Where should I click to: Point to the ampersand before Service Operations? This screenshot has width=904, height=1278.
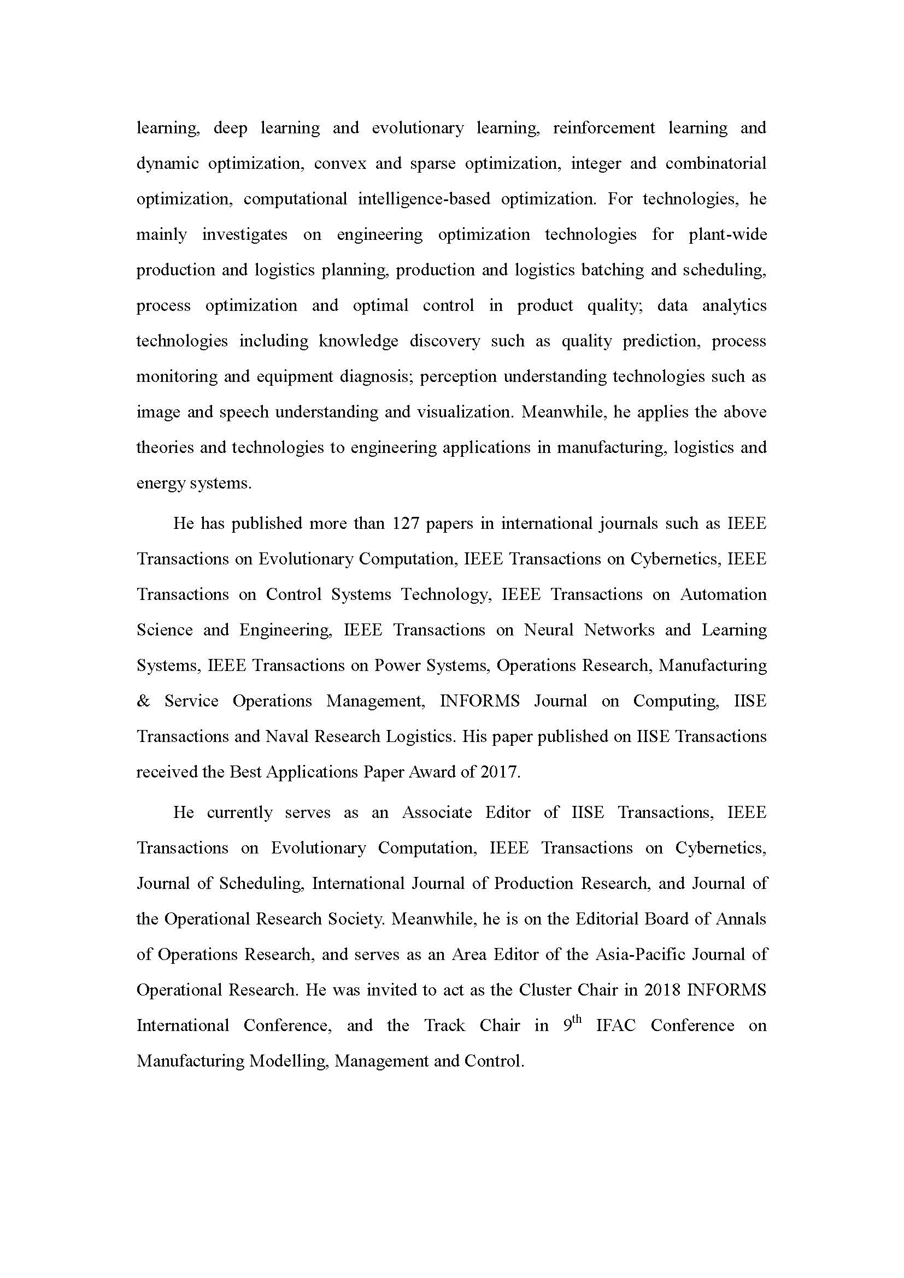click(x=143, y=701)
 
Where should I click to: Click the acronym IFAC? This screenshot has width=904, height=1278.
click(x=615, y=1025)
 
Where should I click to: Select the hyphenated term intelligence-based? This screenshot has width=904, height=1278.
click(x=424, y=199)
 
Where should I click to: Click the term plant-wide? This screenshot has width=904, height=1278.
click(x=727, y=234)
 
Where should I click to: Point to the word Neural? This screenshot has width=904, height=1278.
click(x=548, y=630)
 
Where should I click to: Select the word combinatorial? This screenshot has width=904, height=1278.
click(x=716, y=164)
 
